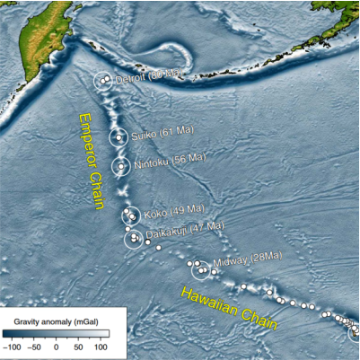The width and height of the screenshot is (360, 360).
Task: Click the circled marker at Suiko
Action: point(119,137)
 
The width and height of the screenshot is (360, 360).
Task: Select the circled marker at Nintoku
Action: point(120,166)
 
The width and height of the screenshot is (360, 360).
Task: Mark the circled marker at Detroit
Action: point(105,81)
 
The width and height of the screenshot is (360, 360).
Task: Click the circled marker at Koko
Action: point(131,215)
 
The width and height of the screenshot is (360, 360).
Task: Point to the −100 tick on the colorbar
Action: point(13,346)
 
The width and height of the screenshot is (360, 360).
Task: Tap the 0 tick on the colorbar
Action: point(56,346)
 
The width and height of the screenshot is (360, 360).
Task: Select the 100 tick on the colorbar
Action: point(100,346)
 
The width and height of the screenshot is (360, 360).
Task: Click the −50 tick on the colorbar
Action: point(34,346)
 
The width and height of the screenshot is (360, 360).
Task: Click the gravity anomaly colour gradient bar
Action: point(56,332)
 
